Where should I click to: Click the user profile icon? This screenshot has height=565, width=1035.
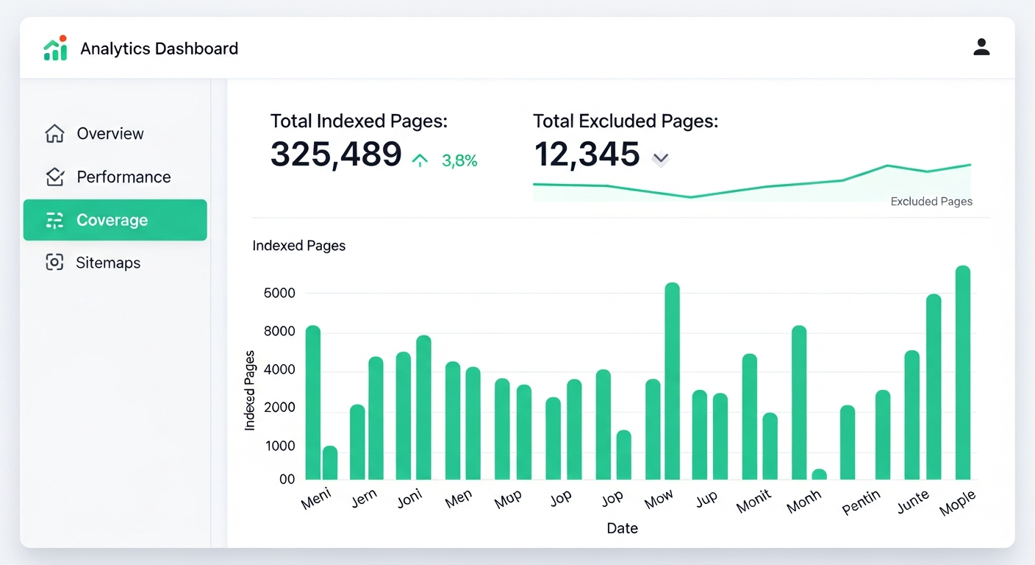point(981,48)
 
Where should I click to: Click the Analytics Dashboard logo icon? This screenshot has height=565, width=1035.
point(55,49)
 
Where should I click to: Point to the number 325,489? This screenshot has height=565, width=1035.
point(336,154)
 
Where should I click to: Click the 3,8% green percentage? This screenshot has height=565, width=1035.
point(459,161)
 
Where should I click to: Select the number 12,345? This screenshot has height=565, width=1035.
point(587,154)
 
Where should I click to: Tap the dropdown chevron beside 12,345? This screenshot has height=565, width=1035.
point(660,158)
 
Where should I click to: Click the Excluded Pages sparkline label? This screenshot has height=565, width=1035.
point(931,202)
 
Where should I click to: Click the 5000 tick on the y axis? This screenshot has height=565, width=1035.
point(279,294)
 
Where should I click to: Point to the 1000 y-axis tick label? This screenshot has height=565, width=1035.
point(279,446)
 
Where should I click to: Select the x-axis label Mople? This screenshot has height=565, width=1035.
point(958,503)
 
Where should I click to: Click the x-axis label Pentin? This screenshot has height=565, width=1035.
point(861,503)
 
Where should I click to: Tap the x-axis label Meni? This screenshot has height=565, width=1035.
point(316,499)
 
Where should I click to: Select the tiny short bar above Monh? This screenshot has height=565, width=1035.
point(819,475)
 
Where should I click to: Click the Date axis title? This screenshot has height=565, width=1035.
point(622,528)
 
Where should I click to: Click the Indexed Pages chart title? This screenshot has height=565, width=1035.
point(298,246)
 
